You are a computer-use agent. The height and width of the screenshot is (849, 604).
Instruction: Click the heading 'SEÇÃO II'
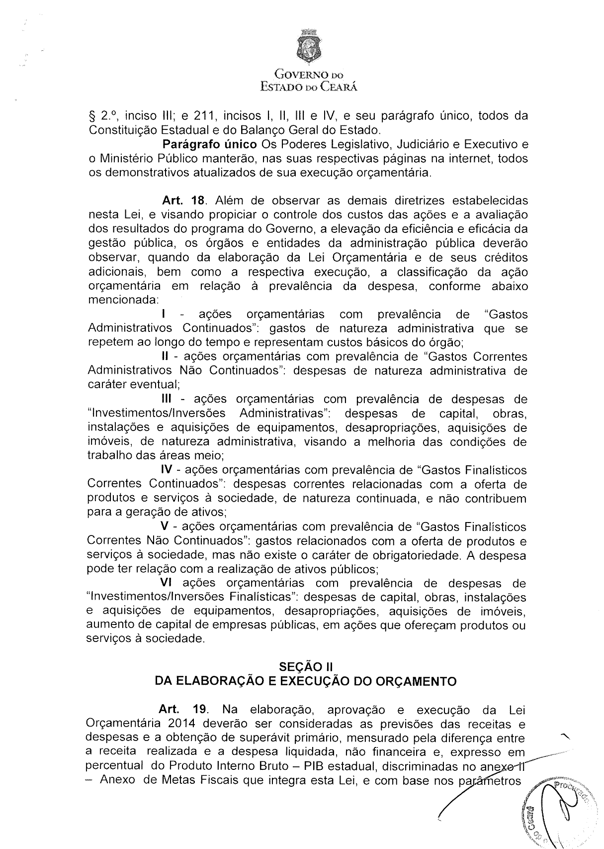[306, 666]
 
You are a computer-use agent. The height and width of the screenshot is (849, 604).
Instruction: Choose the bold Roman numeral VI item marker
[166, 583]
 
